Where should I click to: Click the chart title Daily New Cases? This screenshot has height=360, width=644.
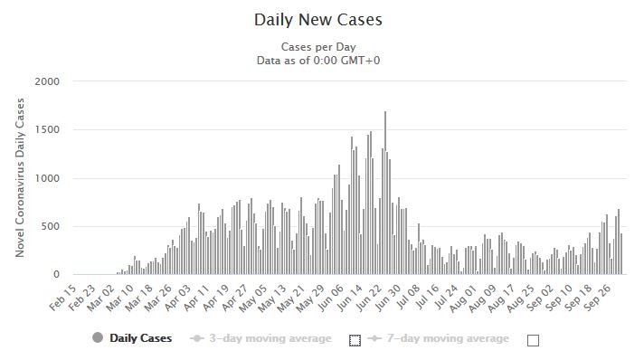click(317, 20)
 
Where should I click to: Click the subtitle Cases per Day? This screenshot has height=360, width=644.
click(318, 47)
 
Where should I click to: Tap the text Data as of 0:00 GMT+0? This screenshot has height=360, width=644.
click(318, 61)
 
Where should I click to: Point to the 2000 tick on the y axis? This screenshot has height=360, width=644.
click(47, 81)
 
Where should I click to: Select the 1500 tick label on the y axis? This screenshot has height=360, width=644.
click(47, 129)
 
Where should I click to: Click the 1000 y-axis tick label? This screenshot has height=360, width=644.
click(47, 178)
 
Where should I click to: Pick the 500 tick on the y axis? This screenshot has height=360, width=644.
click(50, 226)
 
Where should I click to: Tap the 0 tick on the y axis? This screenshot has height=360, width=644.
click(57, 274)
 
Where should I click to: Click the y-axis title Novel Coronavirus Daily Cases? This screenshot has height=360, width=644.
click(20, 177)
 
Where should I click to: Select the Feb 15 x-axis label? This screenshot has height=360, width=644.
click(62, 298)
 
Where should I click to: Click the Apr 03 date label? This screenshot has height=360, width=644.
click(178, 298)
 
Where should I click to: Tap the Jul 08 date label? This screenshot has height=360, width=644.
click(408, 298)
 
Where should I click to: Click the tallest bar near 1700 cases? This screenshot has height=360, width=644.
click(385, 193)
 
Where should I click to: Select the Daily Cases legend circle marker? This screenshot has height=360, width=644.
click(98, 337)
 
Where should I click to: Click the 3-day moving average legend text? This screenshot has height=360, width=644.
click(270, 338)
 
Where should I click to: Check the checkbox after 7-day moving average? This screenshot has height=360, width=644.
click(533, 340)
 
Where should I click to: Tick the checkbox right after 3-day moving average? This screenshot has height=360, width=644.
click(355, 340)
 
